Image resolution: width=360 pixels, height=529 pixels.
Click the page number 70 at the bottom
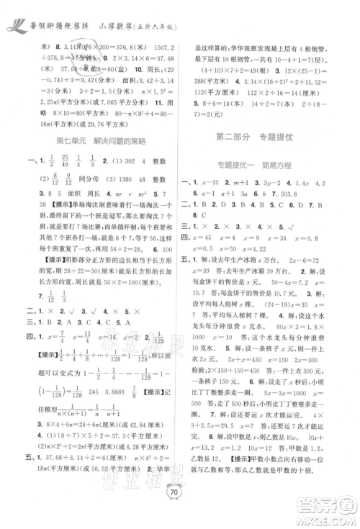coord(179,512)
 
